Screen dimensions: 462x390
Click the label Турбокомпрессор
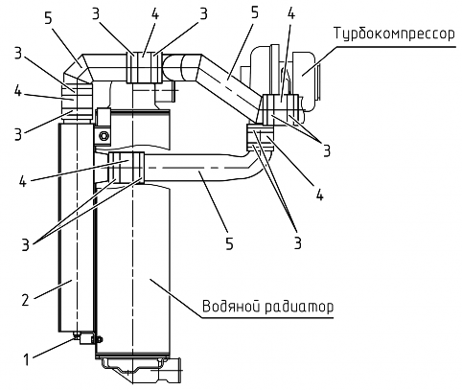coord(394,34)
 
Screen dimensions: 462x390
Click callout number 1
coord(27,359)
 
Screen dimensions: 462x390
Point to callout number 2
coord(26,300)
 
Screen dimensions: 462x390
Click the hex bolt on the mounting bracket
coord(103,136)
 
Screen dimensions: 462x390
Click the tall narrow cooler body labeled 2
coord(76,227)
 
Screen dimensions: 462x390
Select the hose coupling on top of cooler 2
coord(77,102)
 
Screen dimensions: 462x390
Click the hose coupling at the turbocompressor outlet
coord(280,109)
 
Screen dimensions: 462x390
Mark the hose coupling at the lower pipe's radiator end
coord(127,168)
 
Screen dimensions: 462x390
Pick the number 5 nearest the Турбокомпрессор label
coord(254,13)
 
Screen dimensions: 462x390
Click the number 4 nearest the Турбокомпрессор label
coord(290,13)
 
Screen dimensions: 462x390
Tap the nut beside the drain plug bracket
coord(99,339)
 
